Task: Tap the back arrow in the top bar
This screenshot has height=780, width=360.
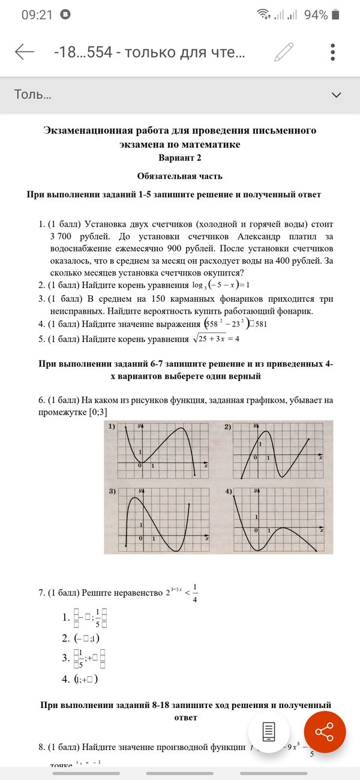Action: (25, 52)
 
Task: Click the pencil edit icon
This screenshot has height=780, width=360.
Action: (284, 52)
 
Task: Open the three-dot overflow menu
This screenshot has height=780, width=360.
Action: (332, 52)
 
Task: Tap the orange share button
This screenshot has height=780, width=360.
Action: (325, 732)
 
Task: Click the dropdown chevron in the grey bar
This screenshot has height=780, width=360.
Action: (336, 95)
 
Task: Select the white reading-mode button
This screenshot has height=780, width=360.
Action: (269, 732)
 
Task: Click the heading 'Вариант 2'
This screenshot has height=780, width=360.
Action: (179, 158)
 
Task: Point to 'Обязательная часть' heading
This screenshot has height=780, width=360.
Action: (179, 176)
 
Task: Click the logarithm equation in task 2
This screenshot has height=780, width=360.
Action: (220, 285)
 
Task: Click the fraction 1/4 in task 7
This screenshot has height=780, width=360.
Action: (196, 593)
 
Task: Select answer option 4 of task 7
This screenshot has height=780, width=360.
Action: (85, 680)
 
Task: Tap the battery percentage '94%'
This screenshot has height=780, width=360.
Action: (316, 15)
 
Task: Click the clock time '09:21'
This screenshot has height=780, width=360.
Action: (37, 15)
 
